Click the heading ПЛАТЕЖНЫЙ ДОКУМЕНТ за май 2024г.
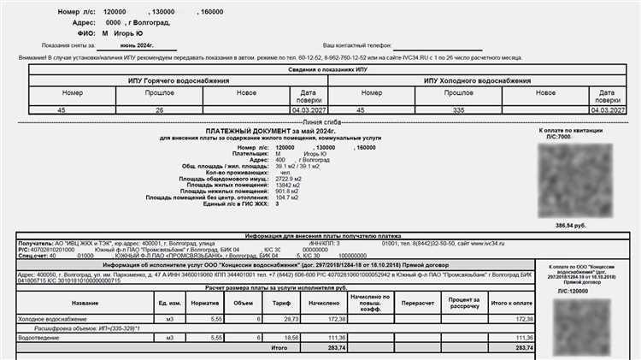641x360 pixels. [273, 131]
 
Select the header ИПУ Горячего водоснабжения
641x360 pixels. [179, 80]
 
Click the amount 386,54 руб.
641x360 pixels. [573, 225]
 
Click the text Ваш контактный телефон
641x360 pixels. [356, 43]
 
